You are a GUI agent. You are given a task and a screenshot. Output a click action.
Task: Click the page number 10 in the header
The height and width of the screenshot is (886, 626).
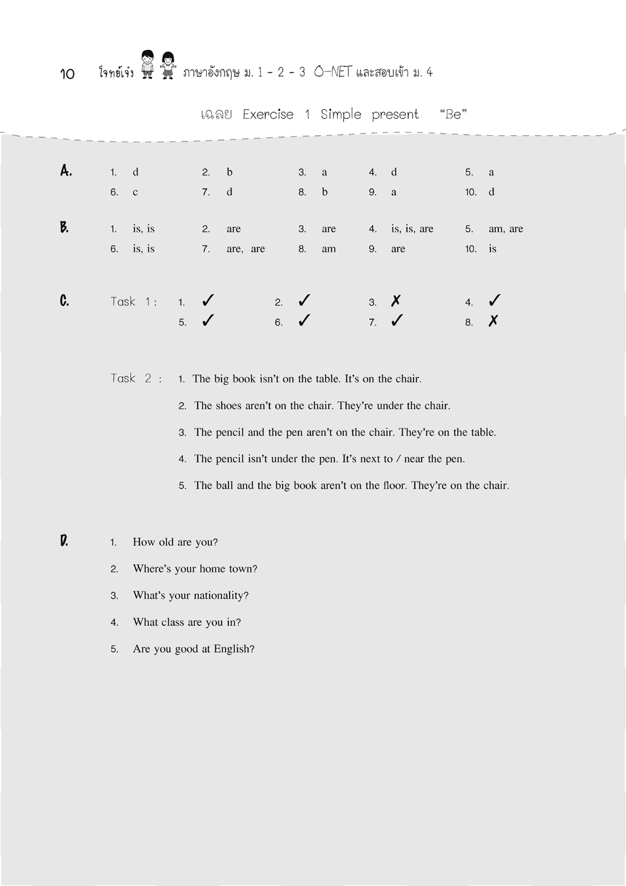point(68,74)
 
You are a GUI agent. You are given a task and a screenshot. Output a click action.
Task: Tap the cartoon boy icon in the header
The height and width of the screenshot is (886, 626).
point(148,64)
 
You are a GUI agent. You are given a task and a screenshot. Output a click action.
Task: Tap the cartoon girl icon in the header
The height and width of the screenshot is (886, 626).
point(167,65)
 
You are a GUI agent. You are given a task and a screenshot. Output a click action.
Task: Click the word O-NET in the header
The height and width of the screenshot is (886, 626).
point(332,72)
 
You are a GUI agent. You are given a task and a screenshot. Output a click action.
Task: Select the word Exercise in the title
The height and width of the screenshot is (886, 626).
point(268,114)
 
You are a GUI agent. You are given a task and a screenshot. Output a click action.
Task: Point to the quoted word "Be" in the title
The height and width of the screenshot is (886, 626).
point(453,114)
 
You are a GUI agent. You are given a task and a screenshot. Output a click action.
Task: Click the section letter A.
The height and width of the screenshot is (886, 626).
point(66,170)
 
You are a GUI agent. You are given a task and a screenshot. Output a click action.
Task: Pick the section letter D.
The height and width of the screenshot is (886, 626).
point(64,541)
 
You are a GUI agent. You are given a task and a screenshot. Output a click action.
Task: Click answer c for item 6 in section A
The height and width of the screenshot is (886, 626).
point(135,192)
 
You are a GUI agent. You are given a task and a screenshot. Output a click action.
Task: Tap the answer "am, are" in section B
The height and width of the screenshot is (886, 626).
point(505,228)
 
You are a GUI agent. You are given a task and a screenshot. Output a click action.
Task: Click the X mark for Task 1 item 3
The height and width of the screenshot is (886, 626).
point(396,301)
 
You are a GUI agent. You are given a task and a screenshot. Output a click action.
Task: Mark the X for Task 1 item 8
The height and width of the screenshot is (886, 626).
point(493,321)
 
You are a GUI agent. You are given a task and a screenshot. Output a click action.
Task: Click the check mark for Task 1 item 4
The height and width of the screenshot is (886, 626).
point(495,300)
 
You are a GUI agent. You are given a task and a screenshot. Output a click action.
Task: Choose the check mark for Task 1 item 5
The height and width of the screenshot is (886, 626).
point(208,321)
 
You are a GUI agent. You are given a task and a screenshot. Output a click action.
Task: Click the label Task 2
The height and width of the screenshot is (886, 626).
point(136,379)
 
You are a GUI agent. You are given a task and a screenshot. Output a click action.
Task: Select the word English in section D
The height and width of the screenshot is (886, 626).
point(233,649)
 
